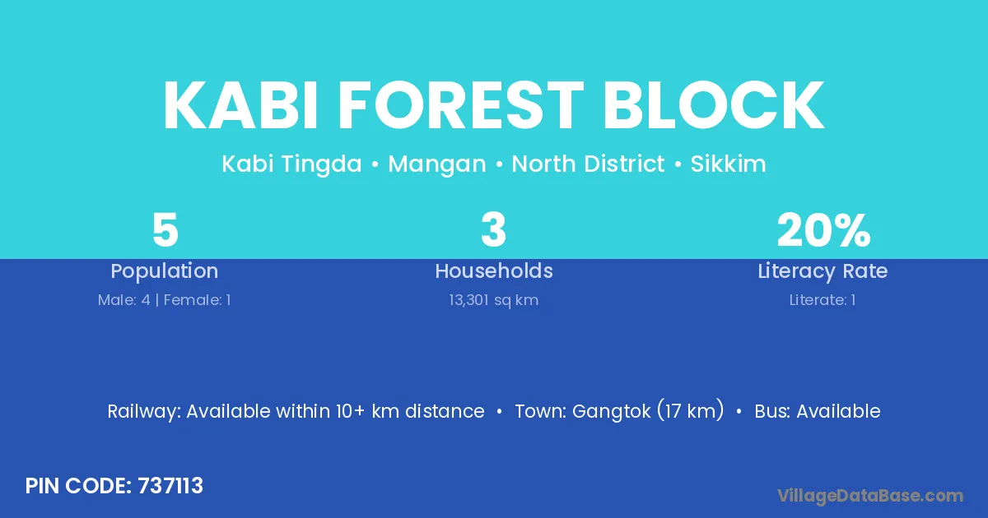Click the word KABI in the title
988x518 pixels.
point(240,105)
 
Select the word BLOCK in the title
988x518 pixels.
point(714,105)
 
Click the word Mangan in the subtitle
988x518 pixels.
point(437,164)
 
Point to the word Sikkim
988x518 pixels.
point(728,164)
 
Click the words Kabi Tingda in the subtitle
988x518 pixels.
point(291,164)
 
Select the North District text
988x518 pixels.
point(588,164)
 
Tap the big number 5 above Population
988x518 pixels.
point(165,229)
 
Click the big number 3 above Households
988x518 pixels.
point(493,229)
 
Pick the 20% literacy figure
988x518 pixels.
point(823,229)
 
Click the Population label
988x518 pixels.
point(165,271)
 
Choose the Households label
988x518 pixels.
point(494,271)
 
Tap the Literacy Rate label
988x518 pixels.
point(823,271)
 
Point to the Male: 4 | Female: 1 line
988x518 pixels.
point(164,300)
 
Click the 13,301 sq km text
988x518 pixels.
point(493,300)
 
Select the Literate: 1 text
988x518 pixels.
point(823,300)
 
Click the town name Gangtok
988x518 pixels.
point(611,412)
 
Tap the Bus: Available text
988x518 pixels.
point(818,411)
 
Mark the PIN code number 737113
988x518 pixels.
point(170,486)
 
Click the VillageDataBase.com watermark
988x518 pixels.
point(870,496)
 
